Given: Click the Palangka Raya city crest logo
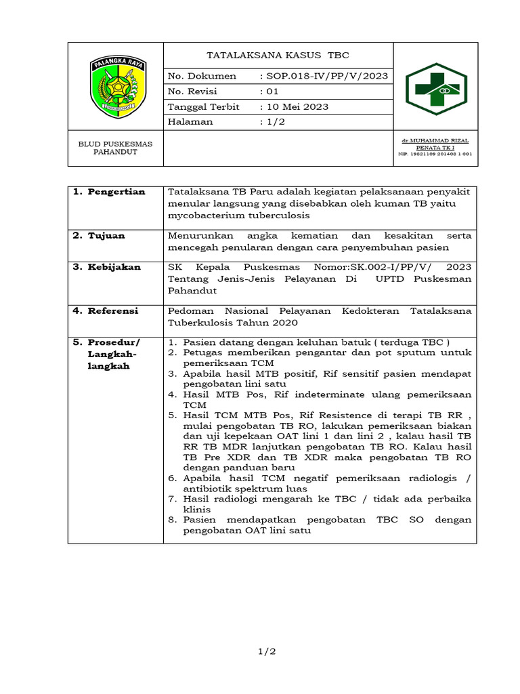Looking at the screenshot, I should click(116, 86).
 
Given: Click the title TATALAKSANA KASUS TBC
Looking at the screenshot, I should click(278, 55).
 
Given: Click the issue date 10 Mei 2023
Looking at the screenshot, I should click(296, 106).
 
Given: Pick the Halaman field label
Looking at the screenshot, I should click(190, 122).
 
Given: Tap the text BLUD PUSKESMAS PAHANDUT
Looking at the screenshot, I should click(116, 148).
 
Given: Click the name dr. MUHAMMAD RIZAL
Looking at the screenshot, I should click(435, 140).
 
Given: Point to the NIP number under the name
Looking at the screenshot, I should click(435, 154).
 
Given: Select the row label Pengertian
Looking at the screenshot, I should click(114, 192).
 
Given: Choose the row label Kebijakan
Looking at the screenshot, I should click(112, 267).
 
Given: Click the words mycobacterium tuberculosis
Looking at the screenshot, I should click(238, 216).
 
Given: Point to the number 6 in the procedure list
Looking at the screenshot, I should click(173, 478).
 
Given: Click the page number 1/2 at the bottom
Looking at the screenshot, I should click(266, 651).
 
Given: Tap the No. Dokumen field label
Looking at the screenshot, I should click(202, 76).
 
